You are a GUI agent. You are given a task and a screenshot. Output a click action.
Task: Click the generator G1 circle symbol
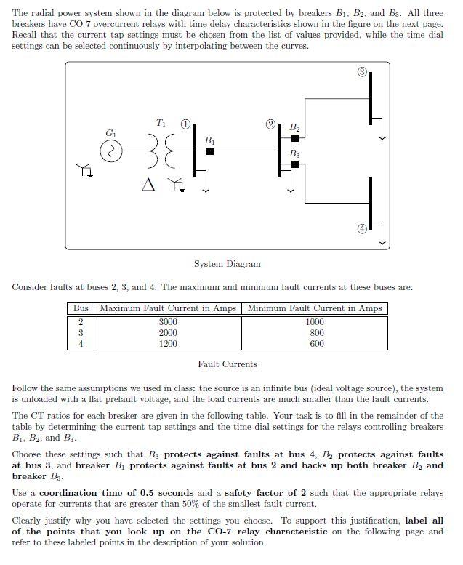pos(112,151)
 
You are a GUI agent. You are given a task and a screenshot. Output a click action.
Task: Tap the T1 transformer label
pos(161,123)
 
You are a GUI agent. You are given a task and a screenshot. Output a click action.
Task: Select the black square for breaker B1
pos(210,151)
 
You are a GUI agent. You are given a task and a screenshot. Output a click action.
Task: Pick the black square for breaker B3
pos(294,165)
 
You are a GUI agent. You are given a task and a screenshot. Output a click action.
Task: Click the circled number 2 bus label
pos(270,124)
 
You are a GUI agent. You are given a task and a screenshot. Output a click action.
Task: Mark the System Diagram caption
pos(227,264)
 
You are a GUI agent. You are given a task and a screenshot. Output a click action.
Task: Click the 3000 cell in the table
pos(168,322)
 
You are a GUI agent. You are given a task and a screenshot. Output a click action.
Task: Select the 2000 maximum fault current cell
pos(168,333)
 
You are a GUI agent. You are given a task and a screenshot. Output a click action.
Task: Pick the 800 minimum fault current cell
pos(316,333)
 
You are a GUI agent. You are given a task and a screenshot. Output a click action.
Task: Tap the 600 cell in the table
pos(316,344)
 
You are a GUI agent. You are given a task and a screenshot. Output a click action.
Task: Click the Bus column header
pos(81,308)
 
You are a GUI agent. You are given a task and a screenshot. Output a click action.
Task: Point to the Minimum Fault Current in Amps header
pos(315,308)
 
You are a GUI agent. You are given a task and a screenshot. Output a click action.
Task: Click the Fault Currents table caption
pos(227,364)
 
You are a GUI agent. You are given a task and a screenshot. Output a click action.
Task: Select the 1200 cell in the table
pos(168,344)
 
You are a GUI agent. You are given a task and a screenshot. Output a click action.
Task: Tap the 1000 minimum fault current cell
pos(315,322)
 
